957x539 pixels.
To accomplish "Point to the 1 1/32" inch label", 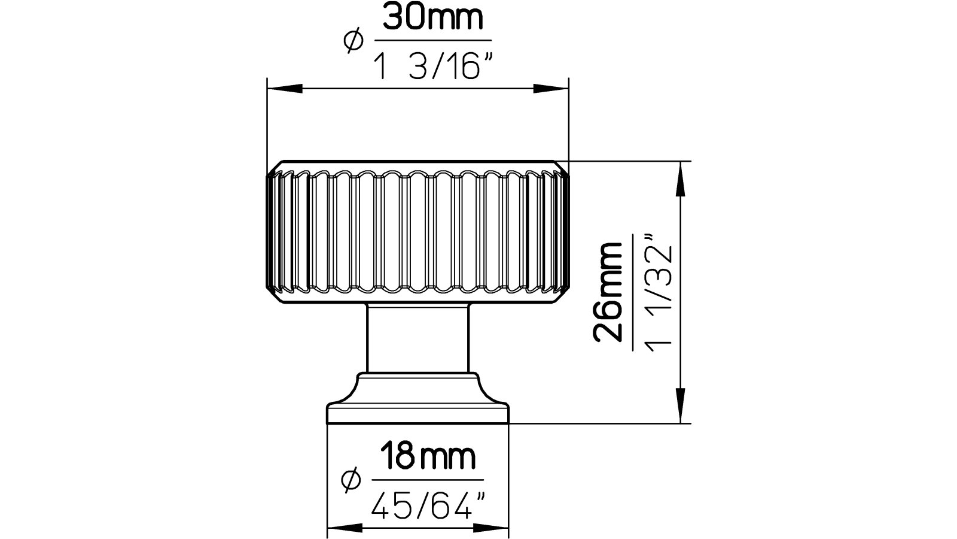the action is (x=660, y=293).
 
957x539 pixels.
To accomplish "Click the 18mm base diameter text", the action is (x=428, y=457).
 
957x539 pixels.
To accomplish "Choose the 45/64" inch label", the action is (x=428, y=505).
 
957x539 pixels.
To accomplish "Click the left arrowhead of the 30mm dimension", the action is (x=285, y=89).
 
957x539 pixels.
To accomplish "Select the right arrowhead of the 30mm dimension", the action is (x=551, y=89).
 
